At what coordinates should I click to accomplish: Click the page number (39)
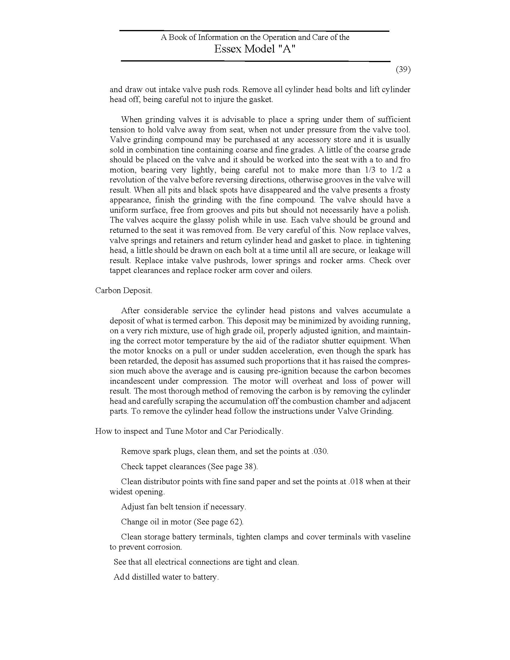click(x=403, y=70)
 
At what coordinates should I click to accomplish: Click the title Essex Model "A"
click(x=254, y=49)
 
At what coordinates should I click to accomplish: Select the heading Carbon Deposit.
click(x=124, y=290)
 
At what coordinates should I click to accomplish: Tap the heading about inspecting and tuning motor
click(x=189, y=431)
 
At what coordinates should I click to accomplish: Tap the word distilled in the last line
click(x=145, y=577)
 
